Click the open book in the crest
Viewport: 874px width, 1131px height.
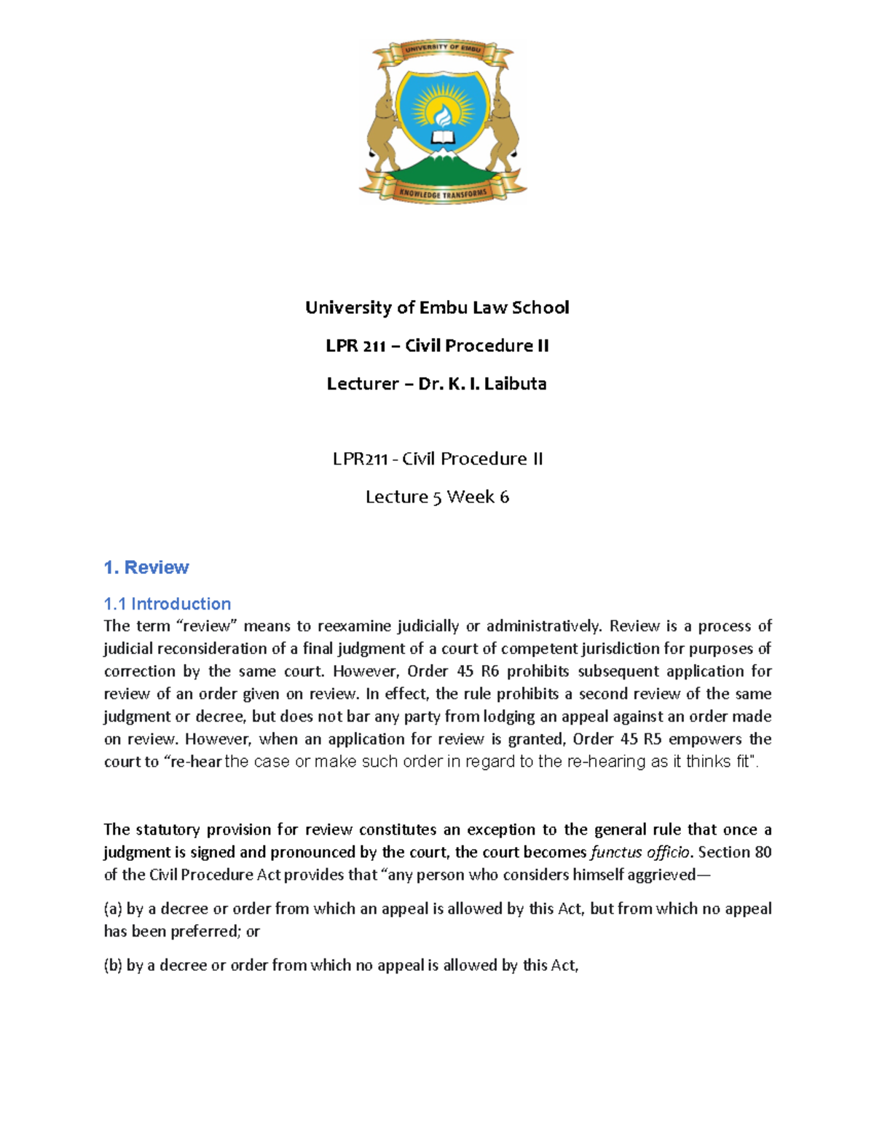coord(442,137)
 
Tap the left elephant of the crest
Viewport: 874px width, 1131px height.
coord(384,120)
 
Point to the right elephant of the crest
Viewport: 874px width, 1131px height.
coord(503,120)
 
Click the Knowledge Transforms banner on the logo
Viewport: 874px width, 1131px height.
coord(442,193)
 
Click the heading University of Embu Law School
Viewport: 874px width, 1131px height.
coord(437,307)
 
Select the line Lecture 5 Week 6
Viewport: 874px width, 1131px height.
coord(437,497)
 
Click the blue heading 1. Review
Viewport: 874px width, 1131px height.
coord(146,567)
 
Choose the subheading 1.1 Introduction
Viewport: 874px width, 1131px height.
coord(167,604)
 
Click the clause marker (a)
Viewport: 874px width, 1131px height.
coord(113,909)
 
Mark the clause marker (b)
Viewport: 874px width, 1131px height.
coord(113,966)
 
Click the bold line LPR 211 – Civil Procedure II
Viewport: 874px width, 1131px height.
coord(437,345)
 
